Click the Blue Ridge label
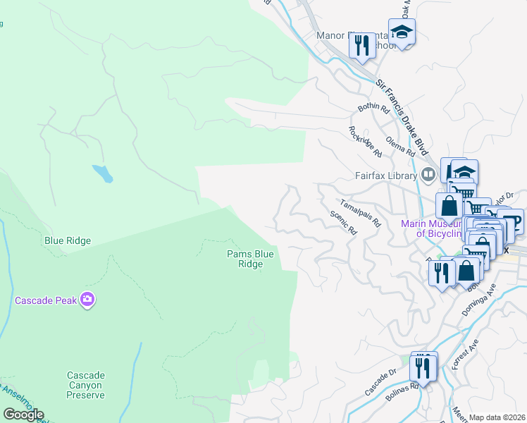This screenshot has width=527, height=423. pyautogui.click(x=68, y=240)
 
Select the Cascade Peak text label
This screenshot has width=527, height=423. pyautogui.click(x=45, y=300)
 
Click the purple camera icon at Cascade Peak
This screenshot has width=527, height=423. pyautogui.click(x=87, y=300)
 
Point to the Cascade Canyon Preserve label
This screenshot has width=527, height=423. pyautogui.click(x=86, y=385)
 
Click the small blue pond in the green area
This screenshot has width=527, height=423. pyautogui.click(x=102, y=173)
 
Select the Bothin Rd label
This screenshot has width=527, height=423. pyautogui.click(x=373, y=109)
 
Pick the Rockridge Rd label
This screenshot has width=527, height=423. pyautogui.click(x=365, y=142)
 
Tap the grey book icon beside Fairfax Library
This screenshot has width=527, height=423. pyautogui.click(x=428, y=174)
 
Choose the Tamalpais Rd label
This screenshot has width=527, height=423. pyautogui.click(x=360, y=212)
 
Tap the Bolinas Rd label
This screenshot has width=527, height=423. pyautogui.click(x=402, y=393)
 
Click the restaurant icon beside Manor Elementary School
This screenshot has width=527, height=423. pyautogui.click(x=362, y=47)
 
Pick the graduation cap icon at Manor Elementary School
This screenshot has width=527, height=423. pyautogui.click(x=402, y=32)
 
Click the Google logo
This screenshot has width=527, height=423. pyautogui.click(x=23, y=415)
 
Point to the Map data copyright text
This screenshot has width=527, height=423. pyautogui.click(x=497, y=417)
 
